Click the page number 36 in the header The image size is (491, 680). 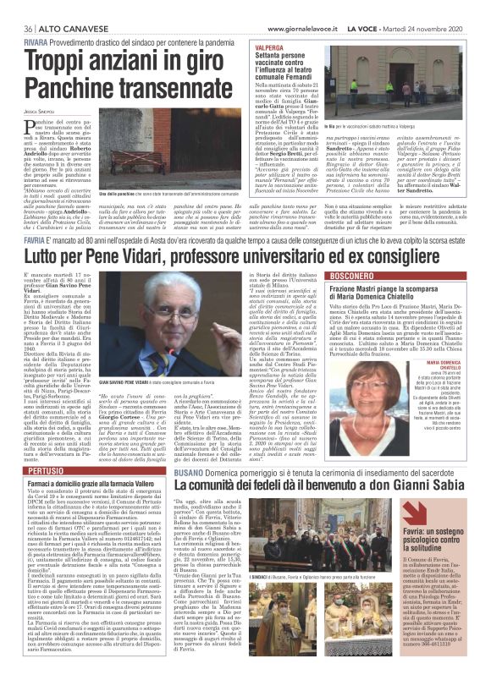(15, 7)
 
